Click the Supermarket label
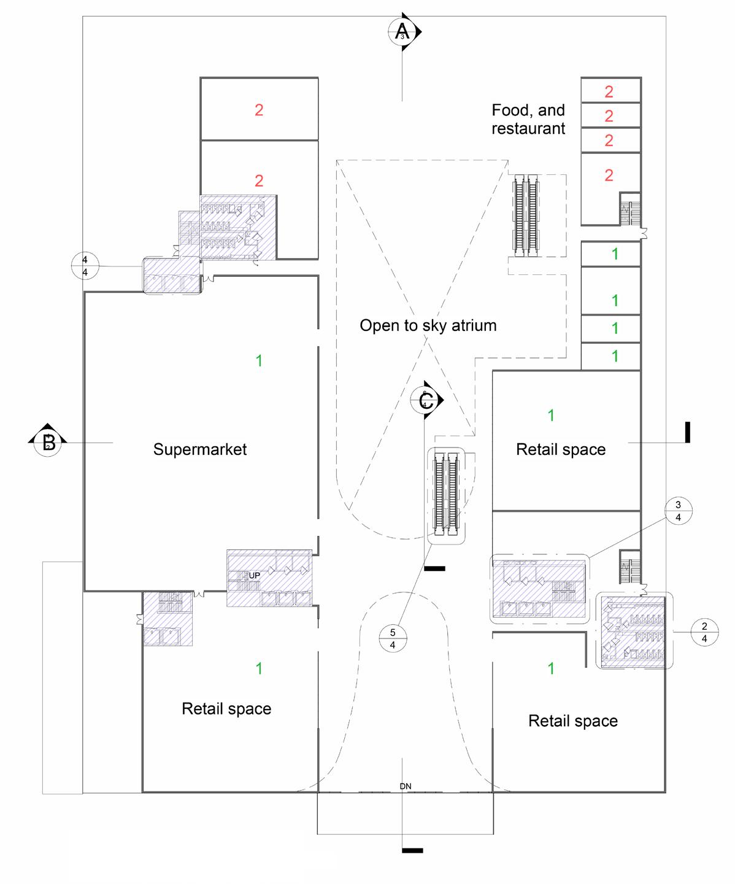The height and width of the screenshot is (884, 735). pyautogui.click(x=200, y=449)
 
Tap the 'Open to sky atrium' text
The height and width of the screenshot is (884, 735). pyautogui.click(x=428, y=325)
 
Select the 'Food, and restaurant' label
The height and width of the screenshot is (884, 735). pyautogui.click(x=528, y=119)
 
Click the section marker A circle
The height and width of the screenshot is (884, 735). pyautogui.click(x=402, y=31)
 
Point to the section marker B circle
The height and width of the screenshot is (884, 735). pyautogui.click(x=48, y=442)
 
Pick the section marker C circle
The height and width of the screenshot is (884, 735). pyautogui.click(x=425, y=401)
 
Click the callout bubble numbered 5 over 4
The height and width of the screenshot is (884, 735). pyautogui.click(x=393, y=639)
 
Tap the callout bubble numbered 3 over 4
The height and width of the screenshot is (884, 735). pyautogui.click(x=678, y=511)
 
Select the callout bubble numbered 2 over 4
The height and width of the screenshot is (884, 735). pyautogui.click(x=704, y=632)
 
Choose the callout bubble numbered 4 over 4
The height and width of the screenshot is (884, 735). pyautogui.click(x=85, y=266)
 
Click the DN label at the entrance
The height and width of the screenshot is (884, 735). pyautogui.click(x=406, y=786)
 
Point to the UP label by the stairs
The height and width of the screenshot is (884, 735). pyautogui.click(x=254, y=575)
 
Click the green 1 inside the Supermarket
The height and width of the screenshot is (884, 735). pyautogui.click(x=259, y=361)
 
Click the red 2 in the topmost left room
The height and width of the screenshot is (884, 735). pyautogui.click(x=259, y=110)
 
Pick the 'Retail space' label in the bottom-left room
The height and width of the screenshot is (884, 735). pyautogui.click(x=226, y=709)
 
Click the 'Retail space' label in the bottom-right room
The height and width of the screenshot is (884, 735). pyautogui.click(x=573, y=721)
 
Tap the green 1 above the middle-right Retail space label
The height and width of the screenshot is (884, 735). pyautogui.click(x=551, y=416)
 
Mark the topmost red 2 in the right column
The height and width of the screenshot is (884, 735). pyautogui.click(x=609, y=92)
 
